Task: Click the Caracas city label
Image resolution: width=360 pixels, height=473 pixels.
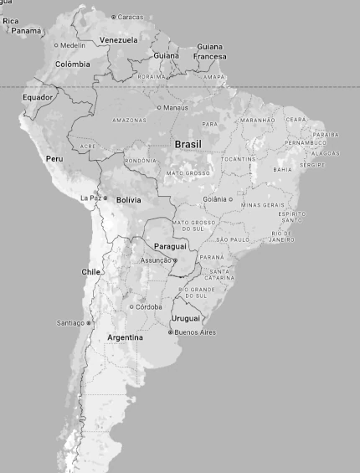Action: pos(130,17)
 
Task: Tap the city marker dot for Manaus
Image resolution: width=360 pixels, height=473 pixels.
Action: pos(159,107)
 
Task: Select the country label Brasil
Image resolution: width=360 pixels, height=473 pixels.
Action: pos(188,144)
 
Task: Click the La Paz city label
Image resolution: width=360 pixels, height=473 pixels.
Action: pos(90,198)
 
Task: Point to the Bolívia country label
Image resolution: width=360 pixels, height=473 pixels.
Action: pos(128,200)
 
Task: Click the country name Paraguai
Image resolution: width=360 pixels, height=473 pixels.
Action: pos(171,246)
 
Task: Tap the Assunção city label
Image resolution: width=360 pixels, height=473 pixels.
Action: pos(156,260)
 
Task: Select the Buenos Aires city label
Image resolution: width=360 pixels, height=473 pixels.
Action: pos(194,332)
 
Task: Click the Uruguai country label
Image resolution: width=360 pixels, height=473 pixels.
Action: pos(186,318)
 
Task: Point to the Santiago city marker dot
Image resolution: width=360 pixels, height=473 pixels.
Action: pos(89,322)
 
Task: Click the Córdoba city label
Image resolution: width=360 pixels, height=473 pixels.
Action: pos(149,306)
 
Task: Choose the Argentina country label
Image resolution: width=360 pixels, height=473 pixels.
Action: pos(125,337)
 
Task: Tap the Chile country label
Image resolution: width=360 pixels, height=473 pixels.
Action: pos(90,272)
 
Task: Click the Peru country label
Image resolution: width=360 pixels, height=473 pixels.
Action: pos(54,159)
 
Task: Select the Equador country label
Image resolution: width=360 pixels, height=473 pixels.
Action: pos(38,97)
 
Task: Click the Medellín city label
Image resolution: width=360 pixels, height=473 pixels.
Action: pos(72,45)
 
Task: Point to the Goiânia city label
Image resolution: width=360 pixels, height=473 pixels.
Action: pos(214,199)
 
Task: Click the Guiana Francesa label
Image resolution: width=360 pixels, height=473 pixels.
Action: pos(209,51)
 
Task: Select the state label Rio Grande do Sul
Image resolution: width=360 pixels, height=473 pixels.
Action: pos(196,292)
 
